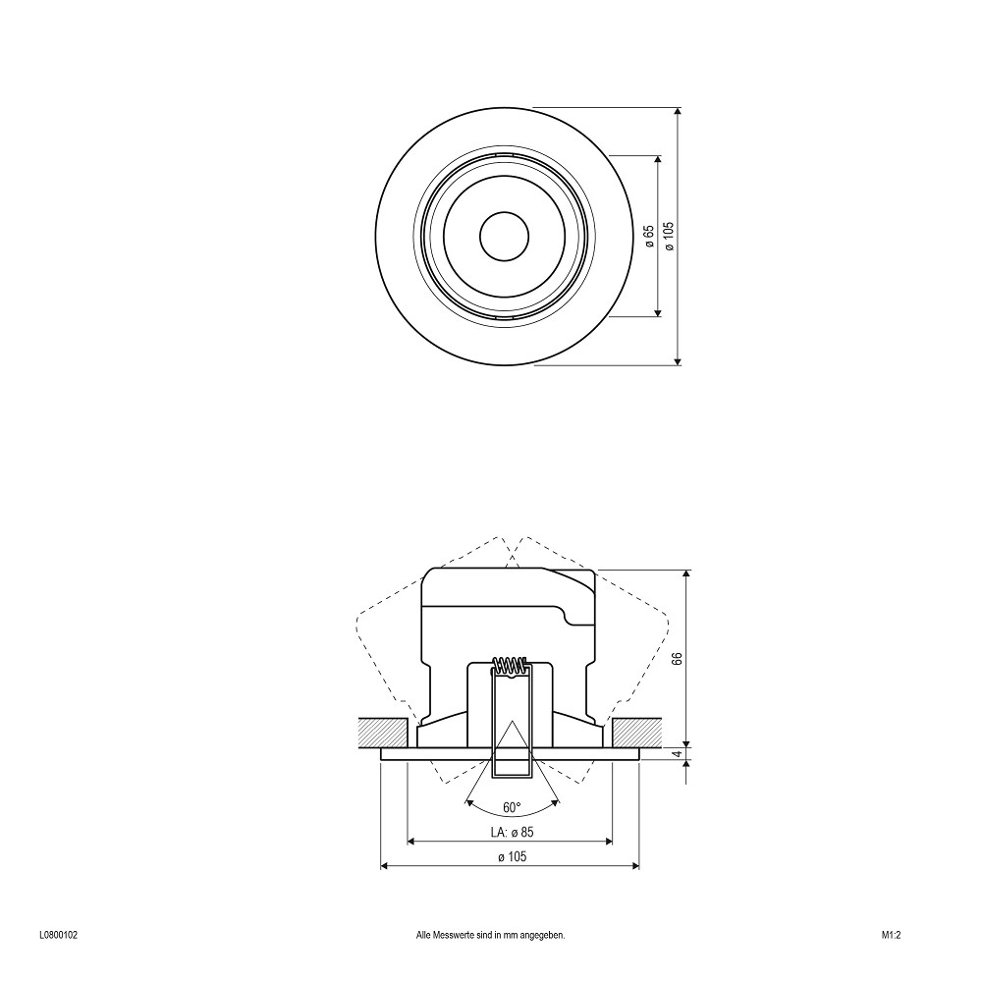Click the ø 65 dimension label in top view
point(649,237)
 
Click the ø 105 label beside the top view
point(670,237)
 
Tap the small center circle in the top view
point(504,236)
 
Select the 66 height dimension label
point(677,658)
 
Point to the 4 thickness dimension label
point(677,754)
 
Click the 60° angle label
point(512,807)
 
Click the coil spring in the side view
point(511,665)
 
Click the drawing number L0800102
point(58,936)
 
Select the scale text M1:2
point(891,936)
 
